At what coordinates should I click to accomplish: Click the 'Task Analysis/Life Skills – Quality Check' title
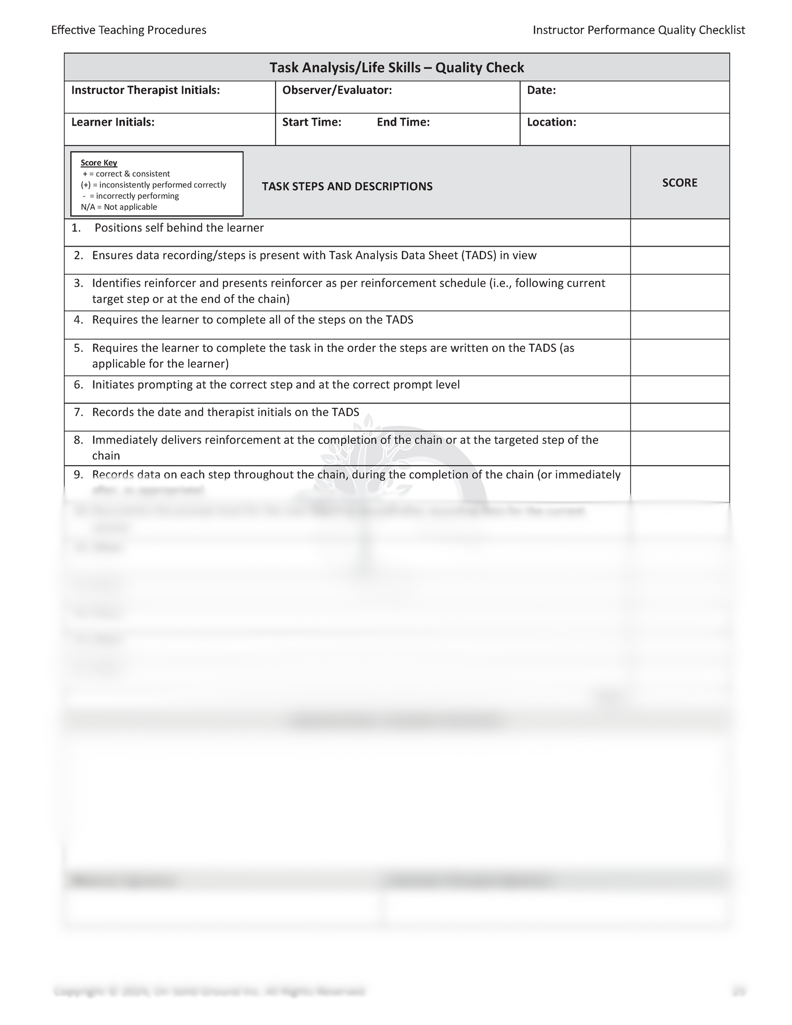pyautogui.click(x=397, y=68)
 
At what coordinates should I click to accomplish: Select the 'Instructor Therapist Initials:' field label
pyautogui.click(x=145, y=90)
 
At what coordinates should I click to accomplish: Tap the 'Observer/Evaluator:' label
pyautogui.click(x=337, y=90)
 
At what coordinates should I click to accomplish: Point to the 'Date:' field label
pyautogui.click(x=541, y=90)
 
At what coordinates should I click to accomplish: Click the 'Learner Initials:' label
pyautogui.click(x=113, y=122)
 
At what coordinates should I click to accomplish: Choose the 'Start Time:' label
pyautogui.click(x=312, y=122)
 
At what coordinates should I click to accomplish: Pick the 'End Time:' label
pyautogui.click(x=403, y=122)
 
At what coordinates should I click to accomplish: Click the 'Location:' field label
pyautogui.click(x=551, y=122)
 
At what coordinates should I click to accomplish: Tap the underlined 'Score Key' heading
pyautogui.click(x=99, y=163)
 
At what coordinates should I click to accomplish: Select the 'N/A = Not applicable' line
pyautogui.click(x=119, y=207)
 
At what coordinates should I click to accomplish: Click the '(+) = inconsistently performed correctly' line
pyautogui.click(x=153, y=185)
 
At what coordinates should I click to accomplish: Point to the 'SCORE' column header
pyautogui.click(x=680, y=183)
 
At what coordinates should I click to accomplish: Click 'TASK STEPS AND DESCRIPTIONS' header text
pyautogui.click(x=347, y=186)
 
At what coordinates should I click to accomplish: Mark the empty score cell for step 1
pyautogui.click(x=680, y=232)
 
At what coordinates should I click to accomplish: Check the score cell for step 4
pyautogui.click(x=680, y=325)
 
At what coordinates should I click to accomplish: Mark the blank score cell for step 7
pyautogui.click(x=680, y=417)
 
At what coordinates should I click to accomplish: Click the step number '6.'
pyautogui.click(x=79, y=385)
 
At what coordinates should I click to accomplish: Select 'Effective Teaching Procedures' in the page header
pyautogui.click(x=129, y=30)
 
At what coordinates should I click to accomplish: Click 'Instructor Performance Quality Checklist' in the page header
pyautogui.click(x=638, y=30)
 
